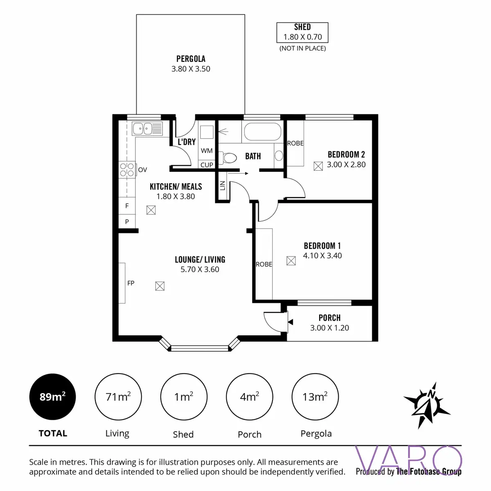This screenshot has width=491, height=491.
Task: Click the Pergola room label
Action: pos(191,59)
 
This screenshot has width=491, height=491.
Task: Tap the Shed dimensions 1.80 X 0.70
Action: pos(302,37)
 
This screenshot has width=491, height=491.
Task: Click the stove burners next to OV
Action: pos(127,170)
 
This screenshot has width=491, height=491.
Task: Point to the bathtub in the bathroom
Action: pos(262,132)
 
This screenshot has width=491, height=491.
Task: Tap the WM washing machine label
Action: pos(207,151)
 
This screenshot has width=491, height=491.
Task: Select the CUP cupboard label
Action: pos(207,165)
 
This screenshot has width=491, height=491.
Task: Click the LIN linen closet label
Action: pos(223,186)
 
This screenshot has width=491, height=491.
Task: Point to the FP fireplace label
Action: pos(131,283)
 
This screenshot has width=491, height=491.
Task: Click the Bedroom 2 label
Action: pos(346,155)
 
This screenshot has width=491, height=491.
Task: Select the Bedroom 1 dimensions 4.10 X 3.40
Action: pos(322,256)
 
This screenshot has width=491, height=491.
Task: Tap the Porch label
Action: pos(329,318)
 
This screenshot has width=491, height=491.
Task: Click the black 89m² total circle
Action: pos(52,397)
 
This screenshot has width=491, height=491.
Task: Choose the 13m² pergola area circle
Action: pos(315,397)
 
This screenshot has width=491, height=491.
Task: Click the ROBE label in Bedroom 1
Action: pos(264,265)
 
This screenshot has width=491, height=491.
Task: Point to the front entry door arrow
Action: pos(290,322)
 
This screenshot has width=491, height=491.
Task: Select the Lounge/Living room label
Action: pos(200,259)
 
